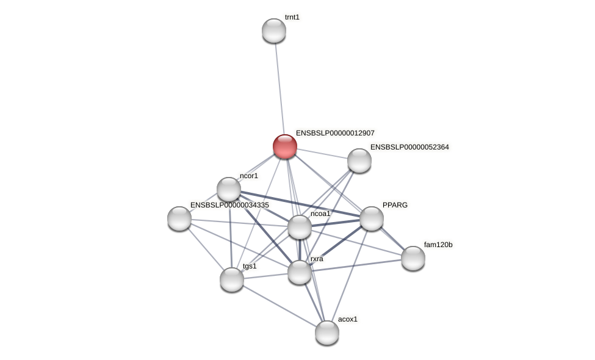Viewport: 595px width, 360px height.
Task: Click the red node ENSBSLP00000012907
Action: [285, 146]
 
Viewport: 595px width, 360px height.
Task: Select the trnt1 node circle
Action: [274, 31]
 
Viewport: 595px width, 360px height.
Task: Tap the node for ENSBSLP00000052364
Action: [359, 160]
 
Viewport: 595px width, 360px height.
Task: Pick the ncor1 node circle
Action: [229, 189]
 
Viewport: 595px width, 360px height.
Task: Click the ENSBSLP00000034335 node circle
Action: [179, 218]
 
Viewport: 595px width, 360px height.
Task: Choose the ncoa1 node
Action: [300, 227]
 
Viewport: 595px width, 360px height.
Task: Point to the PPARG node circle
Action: [372, 218]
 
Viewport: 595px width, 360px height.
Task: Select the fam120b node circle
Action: [413, 258]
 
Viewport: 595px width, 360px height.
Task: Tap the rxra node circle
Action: [300, 272]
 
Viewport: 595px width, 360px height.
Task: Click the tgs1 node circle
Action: [232, 279]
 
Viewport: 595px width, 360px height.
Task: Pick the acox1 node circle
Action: [327, 333]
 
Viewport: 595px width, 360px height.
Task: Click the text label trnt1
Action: [292, 17]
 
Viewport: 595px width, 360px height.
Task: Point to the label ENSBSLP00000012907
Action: [335, 133]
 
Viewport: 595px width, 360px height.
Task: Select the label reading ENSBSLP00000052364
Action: [409, 147]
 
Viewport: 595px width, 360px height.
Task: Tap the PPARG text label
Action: [395, 205]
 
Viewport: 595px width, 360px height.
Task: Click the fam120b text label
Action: [438, 245]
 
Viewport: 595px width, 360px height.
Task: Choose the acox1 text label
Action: [348, 319]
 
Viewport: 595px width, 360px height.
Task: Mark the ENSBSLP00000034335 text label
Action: [229, 205]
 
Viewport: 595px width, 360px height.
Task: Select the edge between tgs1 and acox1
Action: [279, 306]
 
